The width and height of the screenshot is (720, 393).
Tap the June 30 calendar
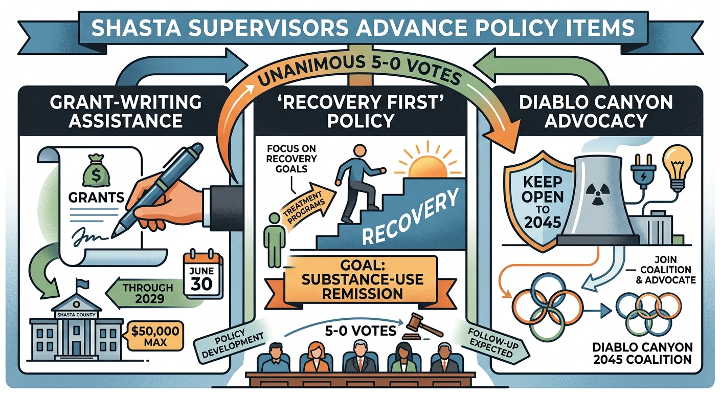(x=203, y=273)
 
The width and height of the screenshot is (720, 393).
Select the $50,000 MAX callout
(x=155, y=336)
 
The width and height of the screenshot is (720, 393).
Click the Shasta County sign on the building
(x=76, y=315)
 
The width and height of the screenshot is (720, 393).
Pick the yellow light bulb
(x=678, y=169)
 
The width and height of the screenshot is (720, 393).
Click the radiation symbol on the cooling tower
(x=597, y=194)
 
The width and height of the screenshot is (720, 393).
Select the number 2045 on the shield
(x=543, y=223)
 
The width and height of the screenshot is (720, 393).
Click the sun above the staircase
(x=428, y=166)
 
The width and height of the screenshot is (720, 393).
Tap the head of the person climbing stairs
(x=359, y=151)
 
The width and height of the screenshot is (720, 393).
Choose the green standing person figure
(x=274, y=239)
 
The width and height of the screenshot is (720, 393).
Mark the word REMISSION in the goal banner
(x=362, y=293)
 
